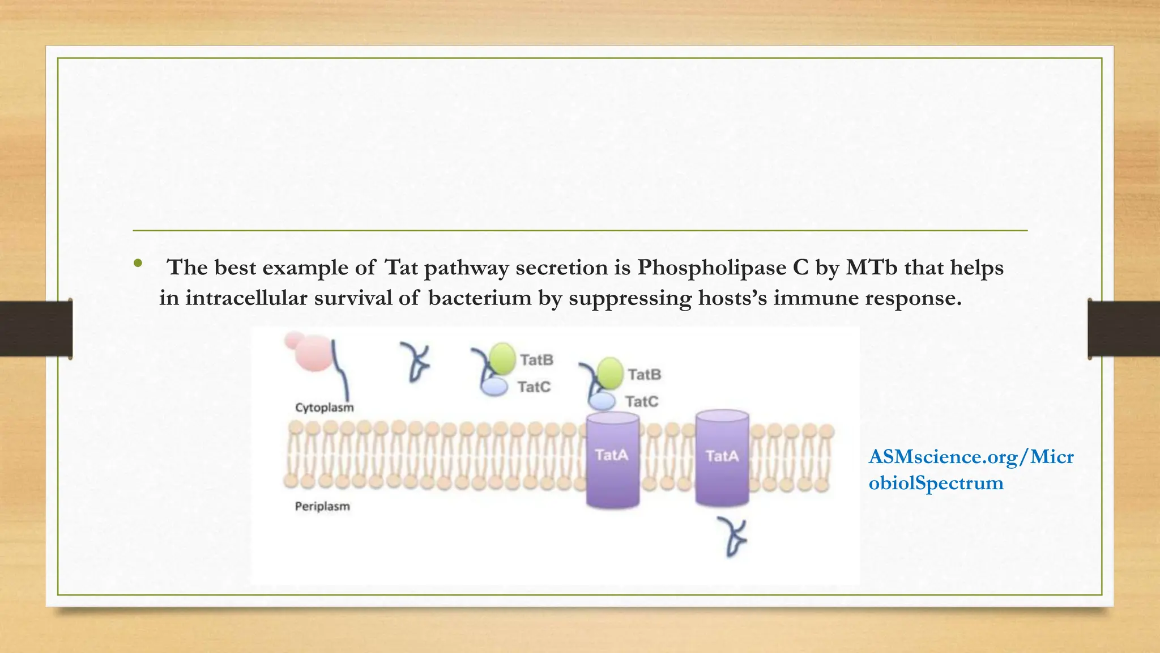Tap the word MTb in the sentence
[x=872, y=268]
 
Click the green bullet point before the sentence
[x=138, y=264]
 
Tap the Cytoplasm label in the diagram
[x=324, y=408]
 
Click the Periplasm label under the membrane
[x=322, y=506]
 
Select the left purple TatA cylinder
[x=612, y=459]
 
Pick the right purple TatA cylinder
[x=722, y=458]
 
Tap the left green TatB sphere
[x=502, y=358]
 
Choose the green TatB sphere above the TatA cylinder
[x=609, y=372]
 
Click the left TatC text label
[x=534, y=387]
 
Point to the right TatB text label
[x=645, y=375]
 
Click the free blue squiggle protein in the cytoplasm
[x=416, y=362]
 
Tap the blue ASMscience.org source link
[x=971, y=469]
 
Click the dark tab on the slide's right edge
[x=1124, y=329]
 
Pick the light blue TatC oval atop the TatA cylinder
[x=602, y=401]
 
